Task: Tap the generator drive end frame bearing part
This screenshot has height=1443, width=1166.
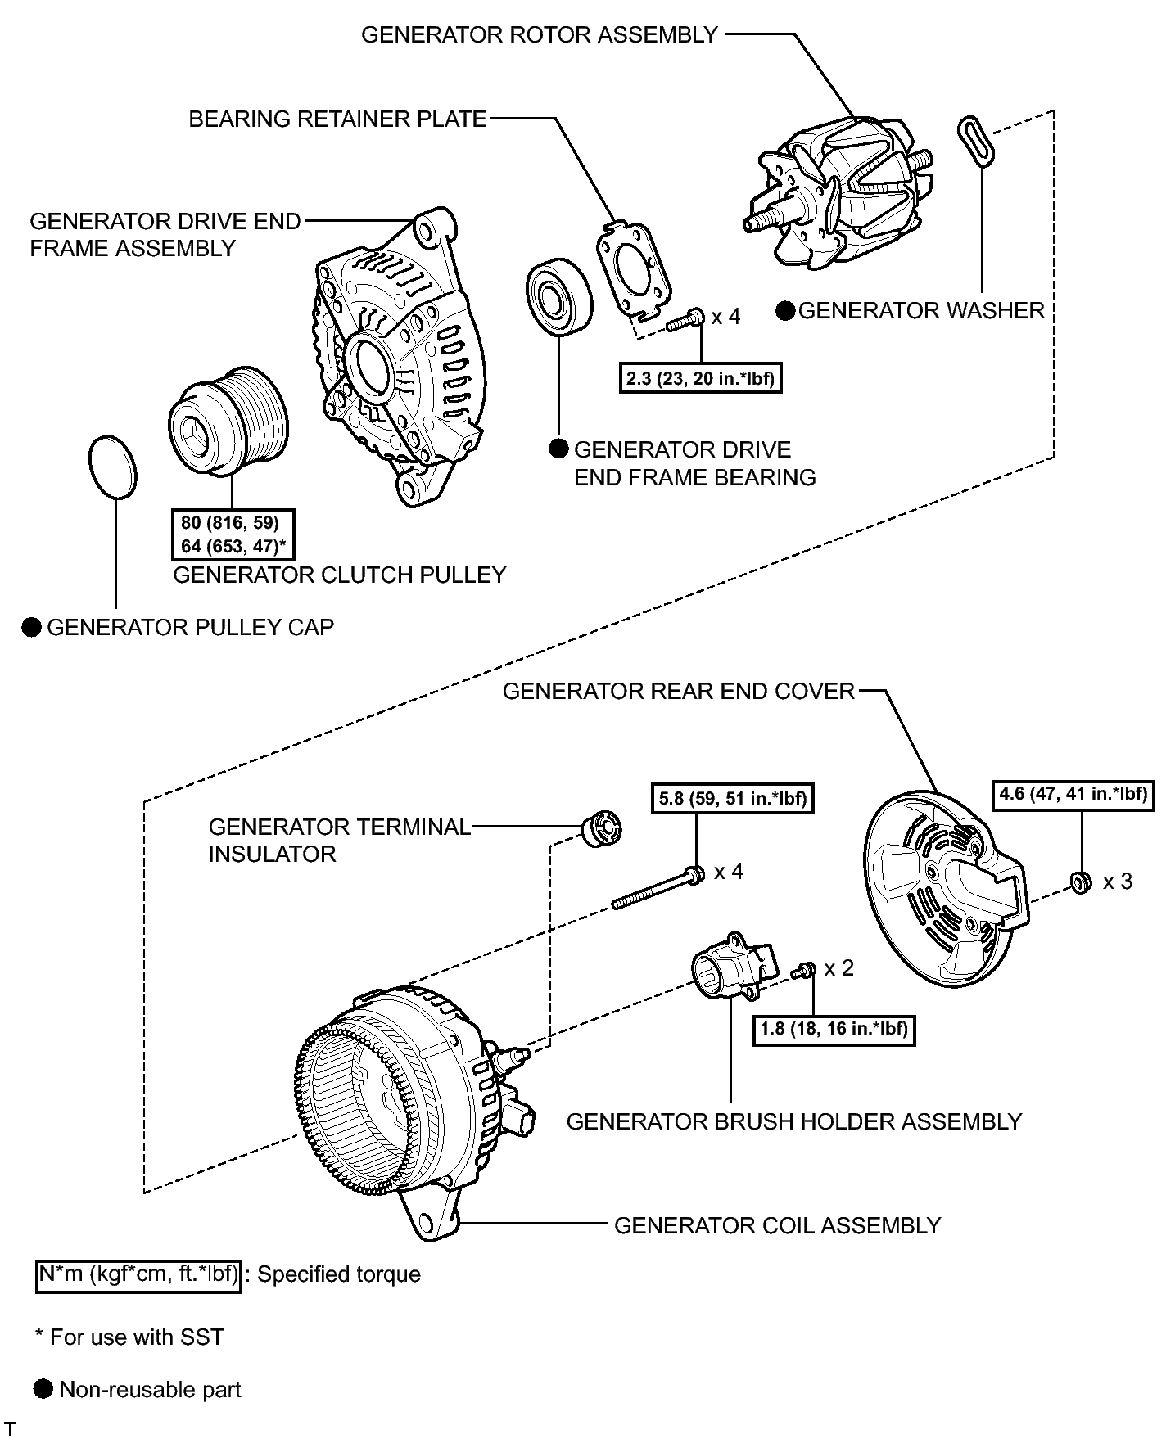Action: pyautogui.click(x=558, y=297)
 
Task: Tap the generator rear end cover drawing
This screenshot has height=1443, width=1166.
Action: pyautogui.click(x=942, y=892)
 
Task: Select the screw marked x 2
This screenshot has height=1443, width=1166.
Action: pyautogui.click(x=802, y=971)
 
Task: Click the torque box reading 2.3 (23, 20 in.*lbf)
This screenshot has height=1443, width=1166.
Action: pyautogui.click(x=700, y=378)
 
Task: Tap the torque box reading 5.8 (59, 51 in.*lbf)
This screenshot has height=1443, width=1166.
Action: pyautogui.click(x=733, y=798)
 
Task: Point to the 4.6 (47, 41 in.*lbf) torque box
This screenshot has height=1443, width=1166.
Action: pyautogui.click(x=1073, y=793)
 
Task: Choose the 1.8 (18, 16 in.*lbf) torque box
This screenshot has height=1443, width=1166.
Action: pyautogui.click(x=834, y=1028)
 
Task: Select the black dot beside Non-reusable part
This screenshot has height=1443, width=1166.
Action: pyautogui.click(x=44, y=1389)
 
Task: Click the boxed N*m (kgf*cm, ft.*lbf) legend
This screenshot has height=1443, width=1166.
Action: pyautogui.click(x=138, y=1274)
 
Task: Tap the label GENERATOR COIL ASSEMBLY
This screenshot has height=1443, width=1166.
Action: pyautogui.click(x=777, y=1225)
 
